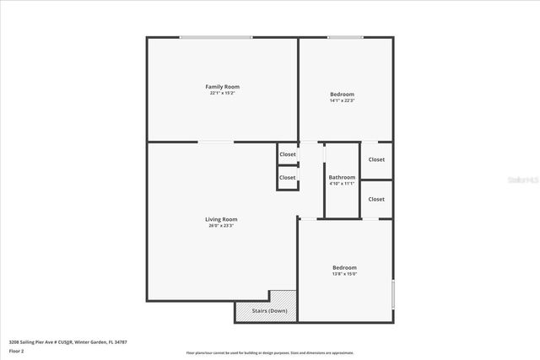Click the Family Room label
tap(223, 87)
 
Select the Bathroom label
tap(342, 177)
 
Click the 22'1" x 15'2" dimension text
tap(223, 94)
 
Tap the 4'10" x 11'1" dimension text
tap(342, 184)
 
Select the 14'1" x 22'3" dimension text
tap(342, 101)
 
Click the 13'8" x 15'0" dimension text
tap(344, 274)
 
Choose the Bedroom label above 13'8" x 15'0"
tap(344, 267)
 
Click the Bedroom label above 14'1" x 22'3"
tap(342, 94)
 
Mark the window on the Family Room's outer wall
tap(215, 37)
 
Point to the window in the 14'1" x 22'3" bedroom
tap(345, 37)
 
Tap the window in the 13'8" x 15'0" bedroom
tap(392, 295)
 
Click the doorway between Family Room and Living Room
tap(217, 142)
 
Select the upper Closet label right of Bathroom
tap(376, 159)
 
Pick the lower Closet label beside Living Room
tap(288, 178)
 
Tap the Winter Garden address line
tap(67, 341)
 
